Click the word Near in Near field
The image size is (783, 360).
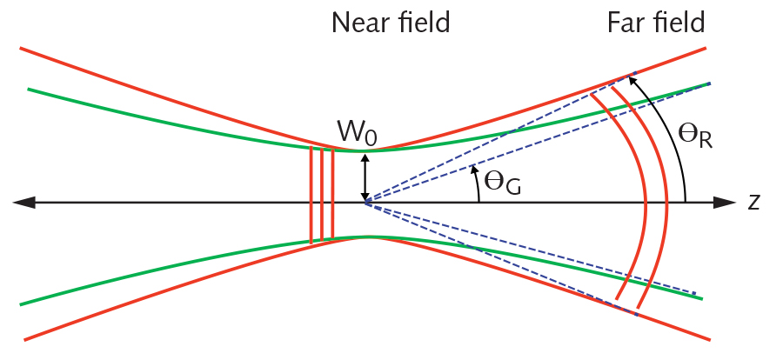(x=358, y=23)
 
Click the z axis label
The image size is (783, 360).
(x=753, y=202)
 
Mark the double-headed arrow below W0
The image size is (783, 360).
(x=366, y=177)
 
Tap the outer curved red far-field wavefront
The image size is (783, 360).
(x=667, y=202)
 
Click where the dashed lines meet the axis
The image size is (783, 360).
(x=365, y=203)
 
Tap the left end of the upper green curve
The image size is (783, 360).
(x=30, y=89)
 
